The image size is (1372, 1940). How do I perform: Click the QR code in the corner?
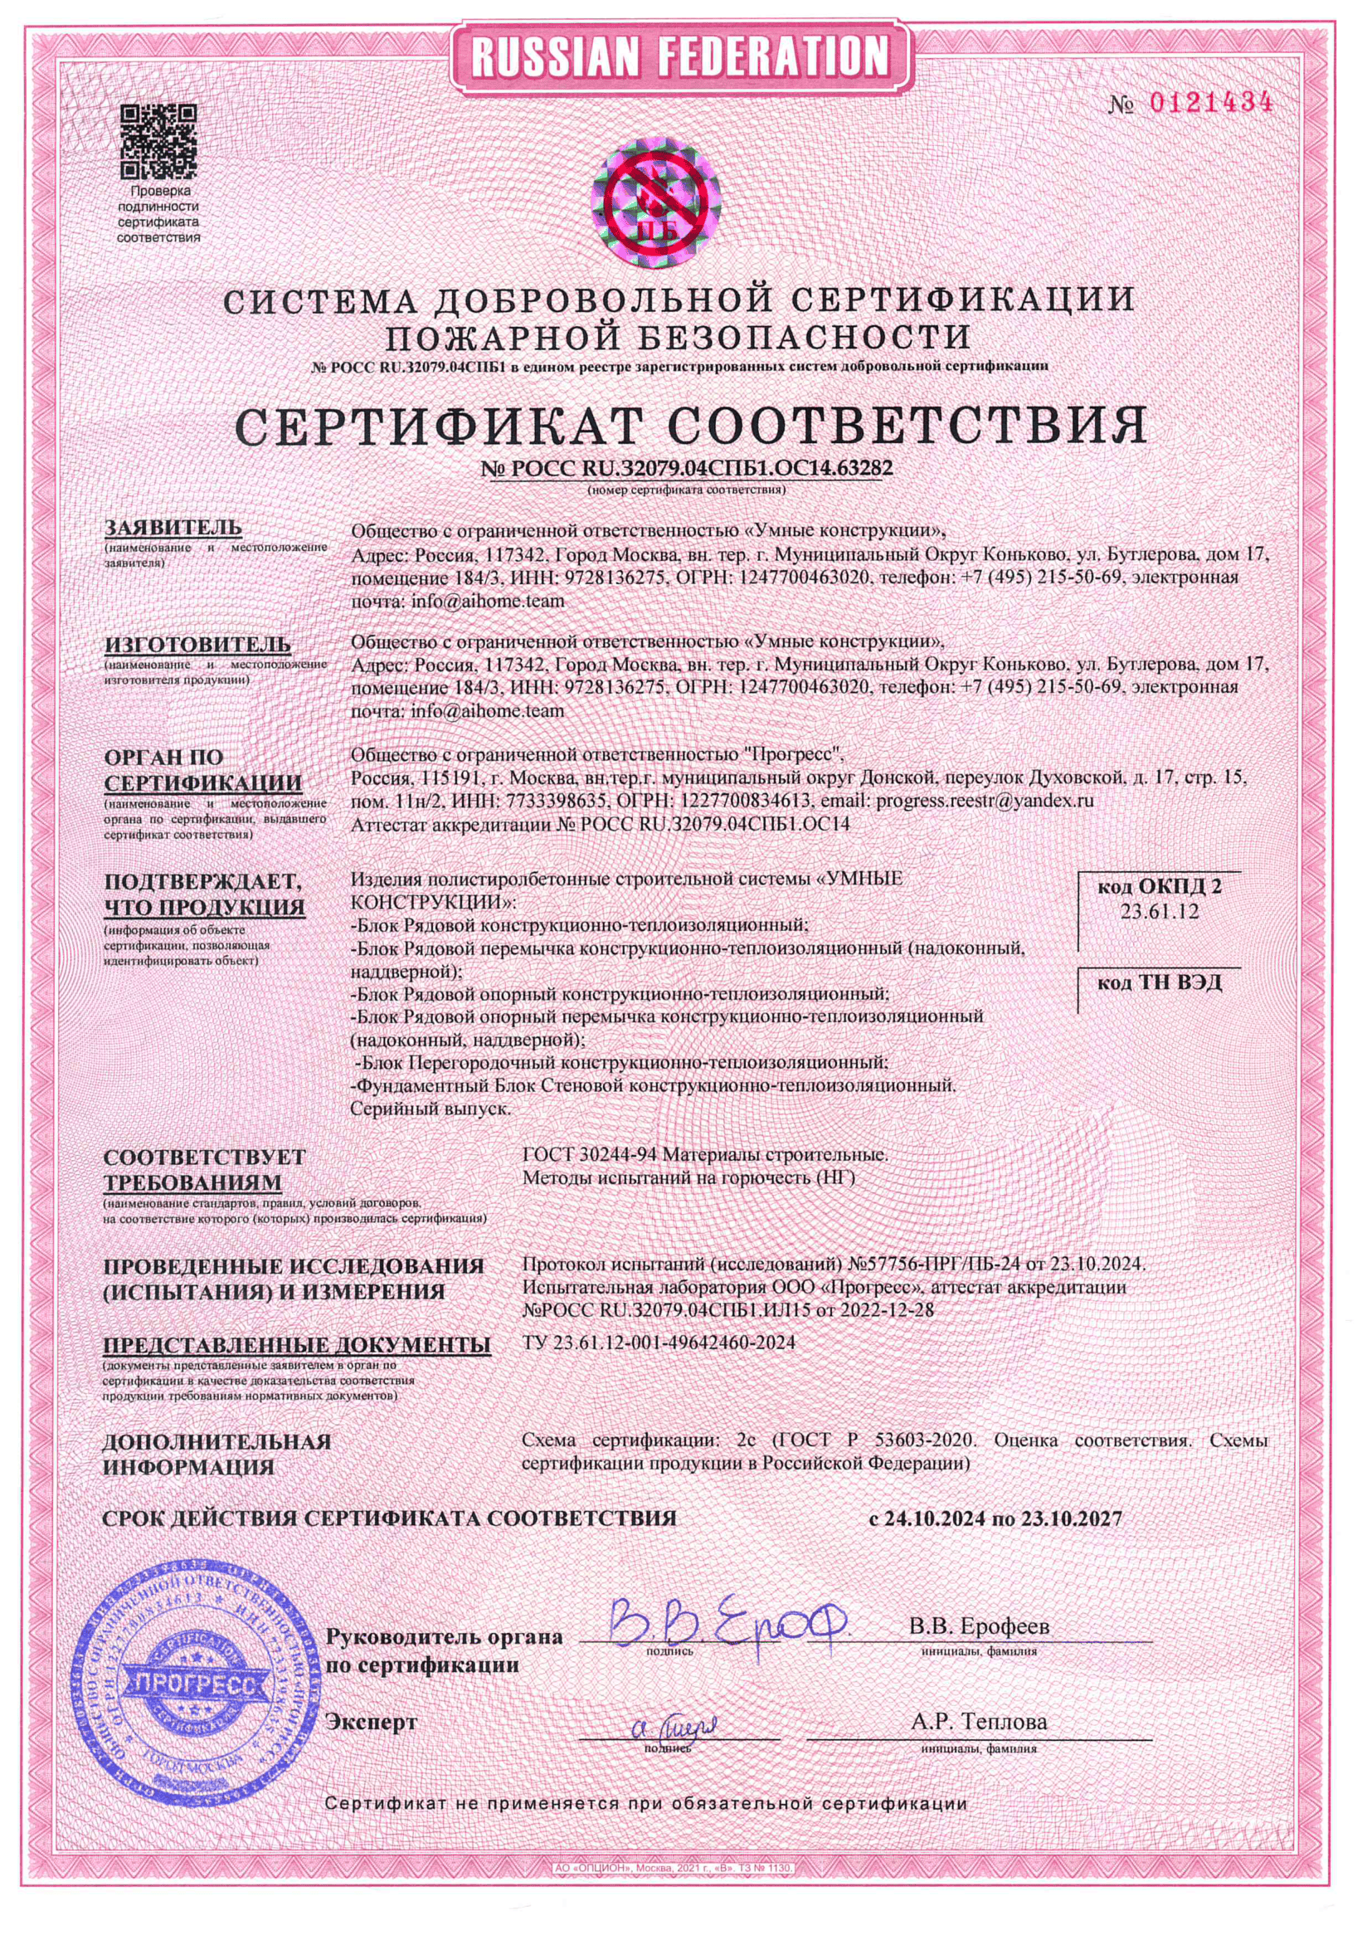click(158, 139)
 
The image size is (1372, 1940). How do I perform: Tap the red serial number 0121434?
click(1210, 104)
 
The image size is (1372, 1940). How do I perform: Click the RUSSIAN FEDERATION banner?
click(679, 56)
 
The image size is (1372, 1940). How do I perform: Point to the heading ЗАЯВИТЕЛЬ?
click(173, 528)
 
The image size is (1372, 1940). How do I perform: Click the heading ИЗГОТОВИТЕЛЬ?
click(197, 645)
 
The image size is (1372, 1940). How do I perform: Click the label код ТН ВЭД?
click(1159, 982)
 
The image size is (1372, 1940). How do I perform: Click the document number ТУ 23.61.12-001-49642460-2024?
click(659, 1343)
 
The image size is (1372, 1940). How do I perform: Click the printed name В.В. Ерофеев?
click(979, 1626)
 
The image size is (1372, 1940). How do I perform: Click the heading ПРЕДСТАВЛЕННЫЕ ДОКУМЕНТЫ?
click(296, 1344)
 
